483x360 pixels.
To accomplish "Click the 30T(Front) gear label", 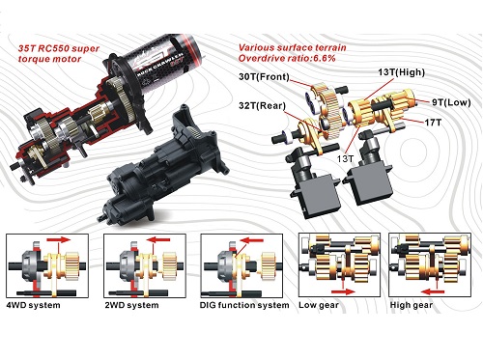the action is point(264,77).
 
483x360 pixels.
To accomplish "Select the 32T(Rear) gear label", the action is point(262,106).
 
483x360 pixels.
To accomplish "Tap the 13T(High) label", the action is point(401,72).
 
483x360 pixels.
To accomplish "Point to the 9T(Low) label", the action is point(451,102).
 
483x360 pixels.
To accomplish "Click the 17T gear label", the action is point(433,123).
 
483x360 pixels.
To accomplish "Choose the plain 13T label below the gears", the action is point(345,158).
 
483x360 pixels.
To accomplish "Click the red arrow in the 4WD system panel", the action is point(59,239).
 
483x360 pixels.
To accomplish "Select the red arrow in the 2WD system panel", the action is point(158,239).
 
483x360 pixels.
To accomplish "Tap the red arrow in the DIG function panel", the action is point(251,240).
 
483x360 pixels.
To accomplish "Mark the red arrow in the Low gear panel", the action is point(343,291).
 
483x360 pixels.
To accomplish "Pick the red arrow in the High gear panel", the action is point(433,291).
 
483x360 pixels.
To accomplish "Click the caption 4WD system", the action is point(33,305).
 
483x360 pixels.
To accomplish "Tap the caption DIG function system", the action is point(244,305).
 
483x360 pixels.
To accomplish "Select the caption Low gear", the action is point(319,305).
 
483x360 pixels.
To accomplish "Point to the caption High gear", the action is point(412,305).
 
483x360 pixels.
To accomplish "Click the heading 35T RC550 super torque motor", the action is point(59,54).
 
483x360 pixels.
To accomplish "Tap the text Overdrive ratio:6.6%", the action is point(287,58).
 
